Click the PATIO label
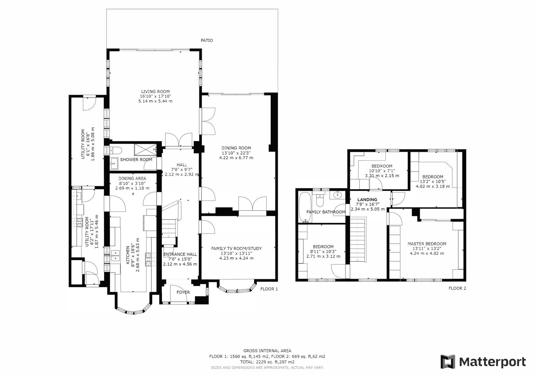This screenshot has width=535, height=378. [x=207, y=40]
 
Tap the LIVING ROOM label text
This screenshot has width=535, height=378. [x=155, y=91]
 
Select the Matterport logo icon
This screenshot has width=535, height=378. [x=448, y=362]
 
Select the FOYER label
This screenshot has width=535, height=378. [x=183, y=292]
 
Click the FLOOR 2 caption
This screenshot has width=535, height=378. [x=457, y=288]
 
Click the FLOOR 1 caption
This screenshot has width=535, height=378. [x=269, y=289]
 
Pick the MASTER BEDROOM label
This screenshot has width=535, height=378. [x=427, y=244]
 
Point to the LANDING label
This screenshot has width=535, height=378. [x=367, y=199]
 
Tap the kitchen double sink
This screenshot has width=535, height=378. [x=116, y=255]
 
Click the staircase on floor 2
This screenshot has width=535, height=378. [x=358, y=239]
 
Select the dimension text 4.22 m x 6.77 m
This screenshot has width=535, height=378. [x=236, y=157]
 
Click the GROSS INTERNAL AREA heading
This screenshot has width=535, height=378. [x=267, y=351]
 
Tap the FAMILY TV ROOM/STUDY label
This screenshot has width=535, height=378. [x=236, y=248]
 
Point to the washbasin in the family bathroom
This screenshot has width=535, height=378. [x=337, y=195]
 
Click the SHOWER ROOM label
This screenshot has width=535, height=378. [x=136, y=160]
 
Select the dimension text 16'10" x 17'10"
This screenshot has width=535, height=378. [x=156, y=96]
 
